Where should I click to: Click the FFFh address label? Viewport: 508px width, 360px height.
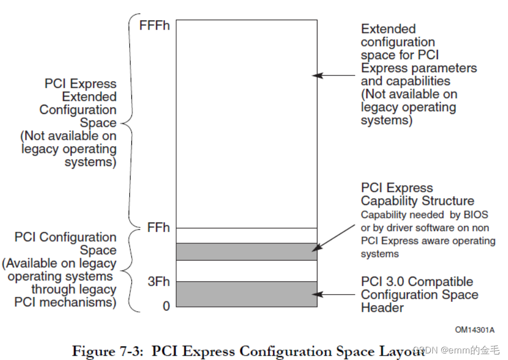155,25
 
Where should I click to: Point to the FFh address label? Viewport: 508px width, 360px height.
159,227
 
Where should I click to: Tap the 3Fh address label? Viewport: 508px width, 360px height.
159,282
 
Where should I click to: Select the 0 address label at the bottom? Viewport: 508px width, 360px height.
166,306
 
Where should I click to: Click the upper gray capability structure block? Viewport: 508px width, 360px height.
246,252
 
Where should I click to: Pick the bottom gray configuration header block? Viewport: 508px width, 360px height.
246,294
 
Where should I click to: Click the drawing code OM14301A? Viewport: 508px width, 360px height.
475,330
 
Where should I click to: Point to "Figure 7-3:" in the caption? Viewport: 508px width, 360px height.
108,350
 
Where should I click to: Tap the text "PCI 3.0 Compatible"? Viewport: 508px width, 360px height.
417,282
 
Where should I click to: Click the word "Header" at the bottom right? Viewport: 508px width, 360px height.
382,307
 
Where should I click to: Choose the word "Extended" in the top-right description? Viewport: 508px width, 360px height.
388,29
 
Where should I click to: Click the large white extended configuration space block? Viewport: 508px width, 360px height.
246,123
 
